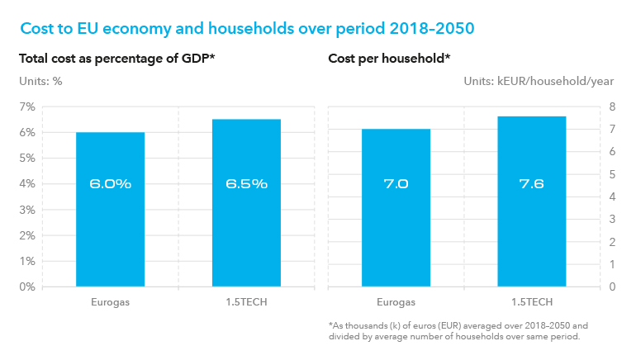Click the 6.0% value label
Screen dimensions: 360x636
coord(110,184)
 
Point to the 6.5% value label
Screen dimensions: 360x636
coord(246,184)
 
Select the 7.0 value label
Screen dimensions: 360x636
coord(396,184)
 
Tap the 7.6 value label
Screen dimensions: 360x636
coord(531,184)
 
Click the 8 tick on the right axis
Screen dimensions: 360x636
coord(612,107)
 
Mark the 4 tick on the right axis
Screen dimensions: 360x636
coord(612,197)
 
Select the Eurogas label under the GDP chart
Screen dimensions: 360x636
coord(110,301)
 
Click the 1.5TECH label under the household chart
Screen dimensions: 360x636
coord(531,301)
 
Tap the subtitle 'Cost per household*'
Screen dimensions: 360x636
coord(389,59)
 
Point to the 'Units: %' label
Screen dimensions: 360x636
coord(40,81)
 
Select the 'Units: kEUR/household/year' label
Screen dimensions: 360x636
coord(539,81)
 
